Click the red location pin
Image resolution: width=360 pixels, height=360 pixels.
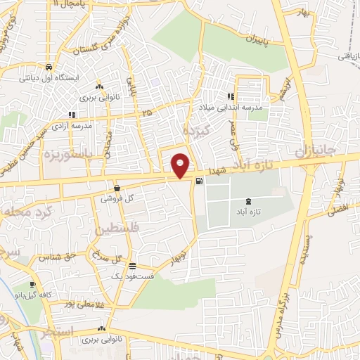(x=181, y=165)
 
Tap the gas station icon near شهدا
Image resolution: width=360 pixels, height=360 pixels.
(x=200, y=181)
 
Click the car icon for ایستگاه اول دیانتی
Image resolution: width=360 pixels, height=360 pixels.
(x=48, y=67)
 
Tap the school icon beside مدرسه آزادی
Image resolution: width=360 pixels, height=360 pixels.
(x=71, y=115)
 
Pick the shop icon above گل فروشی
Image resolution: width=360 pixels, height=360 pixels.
(x=116, y=188)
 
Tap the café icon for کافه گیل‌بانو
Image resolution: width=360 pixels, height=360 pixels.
(x=30, y=285)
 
